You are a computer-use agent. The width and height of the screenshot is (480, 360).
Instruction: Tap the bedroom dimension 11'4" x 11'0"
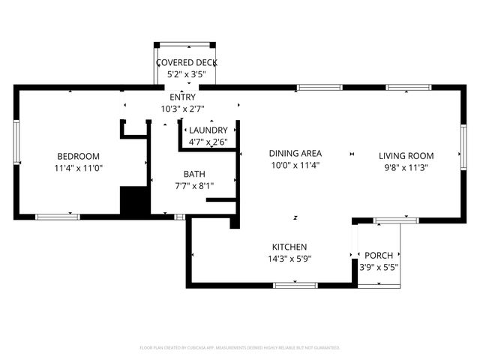click(78, 169)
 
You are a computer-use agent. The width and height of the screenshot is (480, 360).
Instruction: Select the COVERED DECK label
click(186, 62)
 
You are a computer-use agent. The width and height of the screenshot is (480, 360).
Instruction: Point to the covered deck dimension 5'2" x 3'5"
click(186, 75)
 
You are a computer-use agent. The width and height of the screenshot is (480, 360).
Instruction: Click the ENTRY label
click(183, 97)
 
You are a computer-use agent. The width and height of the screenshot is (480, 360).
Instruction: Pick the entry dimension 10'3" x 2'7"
click(183, 109)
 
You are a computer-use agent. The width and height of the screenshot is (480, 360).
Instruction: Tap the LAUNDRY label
click(208, 130)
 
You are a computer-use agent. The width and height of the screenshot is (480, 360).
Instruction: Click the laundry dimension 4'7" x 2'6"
click(208, 142)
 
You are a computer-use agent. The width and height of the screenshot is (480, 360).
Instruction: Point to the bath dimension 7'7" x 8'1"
click(193, 186)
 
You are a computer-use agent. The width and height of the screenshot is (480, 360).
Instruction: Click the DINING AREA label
click(295, 153)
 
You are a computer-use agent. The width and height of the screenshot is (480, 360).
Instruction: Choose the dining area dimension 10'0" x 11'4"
click(295, 166)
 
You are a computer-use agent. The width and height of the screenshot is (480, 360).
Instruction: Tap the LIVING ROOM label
click(416, 156)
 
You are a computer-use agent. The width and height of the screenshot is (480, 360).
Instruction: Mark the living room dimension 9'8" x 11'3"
click(416, 169)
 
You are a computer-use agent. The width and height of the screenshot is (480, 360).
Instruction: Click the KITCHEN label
click(289, 247)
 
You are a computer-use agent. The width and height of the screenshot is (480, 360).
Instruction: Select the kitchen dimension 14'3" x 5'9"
click(289, 259)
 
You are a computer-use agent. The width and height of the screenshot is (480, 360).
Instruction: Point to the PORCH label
click(379, 255)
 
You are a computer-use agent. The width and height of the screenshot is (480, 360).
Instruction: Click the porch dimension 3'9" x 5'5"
click(379, 267)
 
